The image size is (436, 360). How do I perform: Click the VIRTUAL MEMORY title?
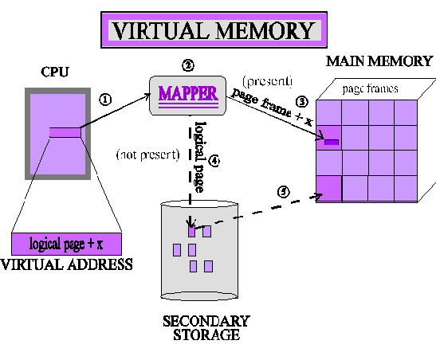[213, 30]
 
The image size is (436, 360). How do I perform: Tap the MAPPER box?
[187, 92]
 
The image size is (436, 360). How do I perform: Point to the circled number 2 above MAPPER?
[187, 65]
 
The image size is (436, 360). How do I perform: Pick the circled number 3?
[301, 101]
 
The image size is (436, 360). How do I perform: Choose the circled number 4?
[213, 159]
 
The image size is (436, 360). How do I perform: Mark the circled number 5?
[282, 191]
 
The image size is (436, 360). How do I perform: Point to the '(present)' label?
[267, 81]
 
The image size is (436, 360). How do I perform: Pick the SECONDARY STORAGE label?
[206, 327]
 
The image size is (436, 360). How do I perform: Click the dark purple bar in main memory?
[331, 142]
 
